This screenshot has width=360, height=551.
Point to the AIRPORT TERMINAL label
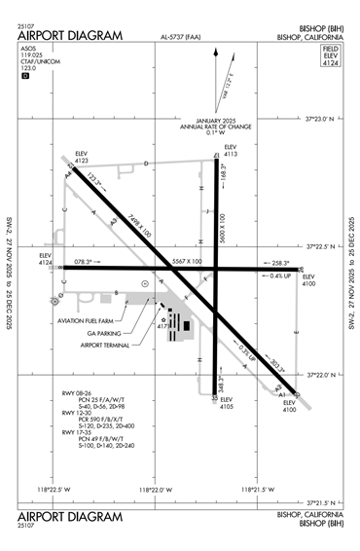point(105,345)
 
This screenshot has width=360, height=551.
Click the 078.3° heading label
point(84,261)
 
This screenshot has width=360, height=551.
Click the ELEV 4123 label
point(83,158)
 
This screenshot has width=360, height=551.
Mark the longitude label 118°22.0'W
point(161,489)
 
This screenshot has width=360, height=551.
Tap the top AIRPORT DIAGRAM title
point(71,36)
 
